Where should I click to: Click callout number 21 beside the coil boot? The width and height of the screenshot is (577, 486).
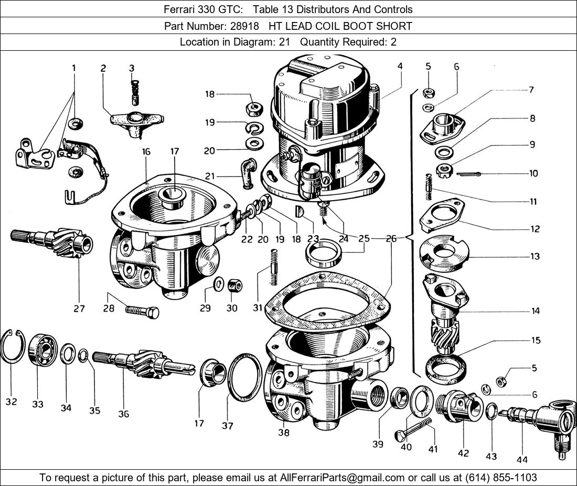(x=210, y=176)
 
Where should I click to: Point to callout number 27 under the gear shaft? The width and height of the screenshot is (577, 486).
(x=79, y=308)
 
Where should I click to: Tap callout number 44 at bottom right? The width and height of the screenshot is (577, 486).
(x=521, y=459)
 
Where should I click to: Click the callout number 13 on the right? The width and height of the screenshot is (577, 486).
(x=535, y=256)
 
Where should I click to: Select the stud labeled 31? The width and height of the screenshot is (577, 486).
(x=273, y=267)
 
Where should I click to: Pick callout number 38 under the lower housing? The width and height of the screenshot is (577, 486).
(x=283, y=433)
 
